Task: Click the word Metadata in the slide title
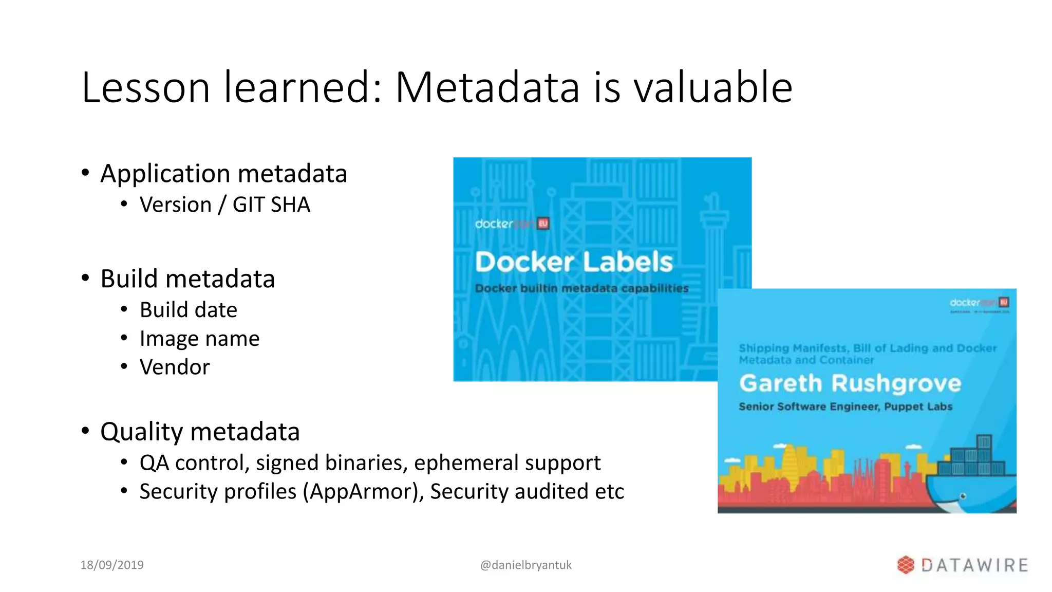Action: point(487,87)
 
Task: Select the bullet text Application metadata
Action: point(223,174)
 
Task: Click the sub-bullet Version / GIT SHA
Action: point(225,205)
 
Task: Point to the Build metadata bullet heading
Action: point(187,279)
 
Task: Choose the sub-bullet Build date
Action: point(189,310)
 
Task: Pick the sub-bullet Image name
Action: point(199,339)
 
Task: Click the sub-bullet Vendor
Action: point(175,367)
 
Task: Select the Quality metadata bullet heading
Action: point(200,432)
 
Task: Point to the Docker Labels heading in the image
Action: point(574,262)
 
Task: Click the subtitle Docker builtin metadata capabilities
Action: point(581,288)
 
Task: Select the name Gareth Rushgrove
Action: point(850,383)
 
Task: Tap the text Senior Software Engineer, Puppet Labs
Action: point(846,406)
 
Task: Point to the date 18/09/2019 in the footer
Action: point(112,565)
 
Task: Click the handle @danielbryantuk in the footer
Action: point(526,565)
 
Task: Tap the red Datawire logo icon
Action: point(906,565)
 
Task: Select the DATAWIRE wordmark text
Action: point(974,565)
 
